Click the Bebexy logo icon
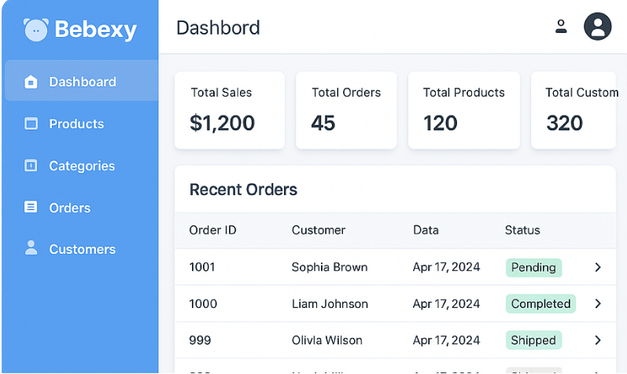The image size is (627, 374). tap(36, 30)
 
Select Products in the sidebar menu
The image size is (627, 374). tap(76, 123)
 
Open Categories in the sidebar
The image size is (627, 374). tap(81, 166)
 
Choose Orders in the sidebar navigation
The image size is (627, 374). tap(69, 207)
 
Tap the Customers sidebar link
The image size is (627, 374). tap(82, 249)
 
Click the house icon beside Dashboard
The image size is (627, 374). tap(31, 82)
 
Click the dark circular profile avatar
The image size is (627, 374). tap(597, 27)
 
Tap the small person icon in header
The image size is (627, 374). tap(561, 27)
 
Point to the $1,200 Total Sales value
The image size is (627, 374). tap(222, 123)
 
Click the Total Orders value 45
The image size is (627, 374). tap(323, 123)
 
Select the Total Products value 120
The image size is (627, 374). tap(441, 123)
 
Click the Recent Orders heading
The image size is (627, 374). tap(243, 189)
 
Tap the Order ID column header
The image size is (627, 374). tap(212, 230)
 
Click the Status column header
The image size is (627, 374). tap(522, 230)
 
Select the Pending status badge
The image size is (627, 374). tap(533, 267)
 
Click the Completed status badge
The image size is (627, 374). tap(540, 303)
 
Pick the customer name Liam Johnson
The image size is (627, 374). tap(330, 303)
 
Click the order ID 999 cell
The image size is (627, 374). tap(200, 340)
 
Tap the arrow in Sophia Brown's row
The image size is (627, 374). tap(598, 267)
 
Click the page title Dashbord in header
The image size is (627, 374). tap(218, 28)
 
